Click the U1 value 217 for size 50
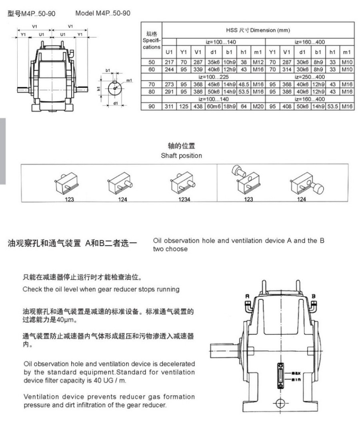[x=169, y=62]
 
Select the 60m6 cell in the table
[x=214, y=107]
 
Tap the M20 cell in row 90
[x=258, y=107]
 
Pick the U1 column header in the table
[x=169, y=52]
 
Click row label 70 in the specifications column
[x=152, y=84]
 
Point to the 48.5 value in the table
[x=244, y=84]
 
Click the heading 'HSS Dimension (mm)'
[x=258, y=30]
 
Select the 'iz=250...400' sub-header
[x=310, y=77]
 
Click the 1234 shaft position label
[x=184, y=199]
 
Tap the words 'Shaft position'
[x=182, y=156]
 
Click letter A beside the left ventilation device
[x=247, y=296]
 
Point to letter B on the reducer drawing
[x=314, y=296]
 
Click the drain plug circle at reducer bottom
[x=280, y=403]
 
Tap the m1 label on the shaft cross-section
[x=129, y=80]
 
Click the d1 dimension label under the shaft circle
[x=115, y=103]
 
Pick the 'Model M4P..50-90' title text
[x=103, y=13]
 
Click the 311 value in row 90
[x=169, y=107]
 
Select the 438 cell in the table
[x=198, y=107]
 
